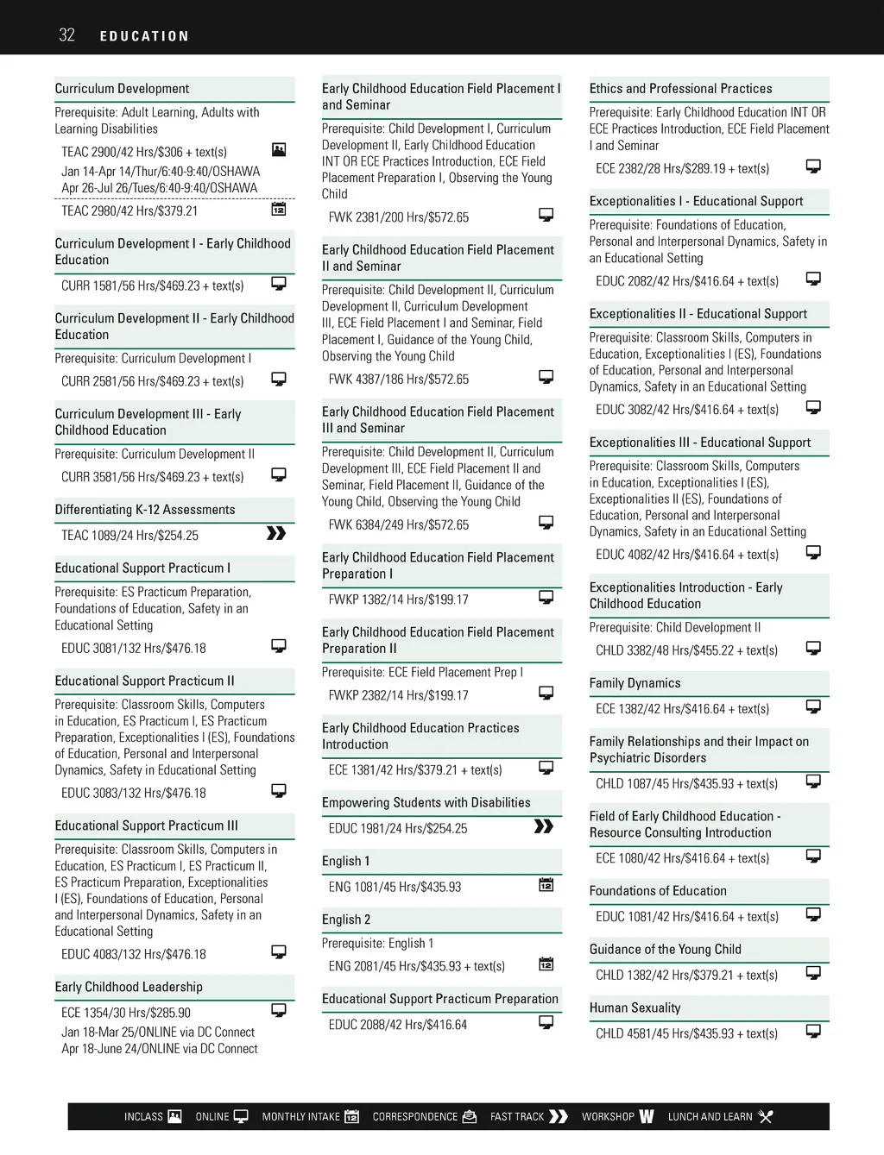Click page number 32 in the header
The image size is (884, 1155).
coord(66,35)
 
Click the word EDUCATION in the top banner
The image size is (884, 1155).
coord(144,36)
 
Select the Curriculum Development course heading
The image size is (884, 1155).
coord(122,89)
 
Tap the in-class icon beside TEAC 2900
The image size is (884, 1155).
coord(279,149)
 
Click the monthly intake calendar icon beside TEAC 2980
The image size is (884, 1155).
coord(279,209)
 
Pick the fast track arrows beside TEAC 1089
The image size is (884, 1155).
coord(276,533)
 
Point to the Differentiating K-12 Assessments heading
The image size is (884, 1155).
coord(144,510)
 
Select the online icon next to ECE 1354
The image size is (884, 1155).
coord(279,1010)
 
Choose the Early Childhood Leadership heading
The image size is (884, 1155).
coord(129,987)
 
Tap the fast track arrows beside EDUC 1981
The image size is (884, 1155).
coord(544,826)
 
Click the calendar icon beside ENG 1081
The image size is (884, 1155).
coord(546,884)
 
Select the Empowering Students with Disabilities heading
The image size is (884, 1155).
coord(426,803)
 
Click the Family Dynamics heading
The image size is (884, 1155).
coord(635,683)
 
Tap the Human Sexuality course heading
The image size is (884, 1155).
coord(635,1007)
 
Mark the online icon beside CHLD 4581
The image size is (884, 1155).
coord(813,1031)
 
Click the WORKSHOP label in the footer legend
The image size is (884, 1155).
coord(608,1117)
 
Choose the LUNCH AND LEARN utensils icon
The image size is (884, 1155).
coord(765,1116)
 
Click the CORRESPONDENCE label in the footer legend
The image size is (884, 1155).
coord(414,1117)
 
